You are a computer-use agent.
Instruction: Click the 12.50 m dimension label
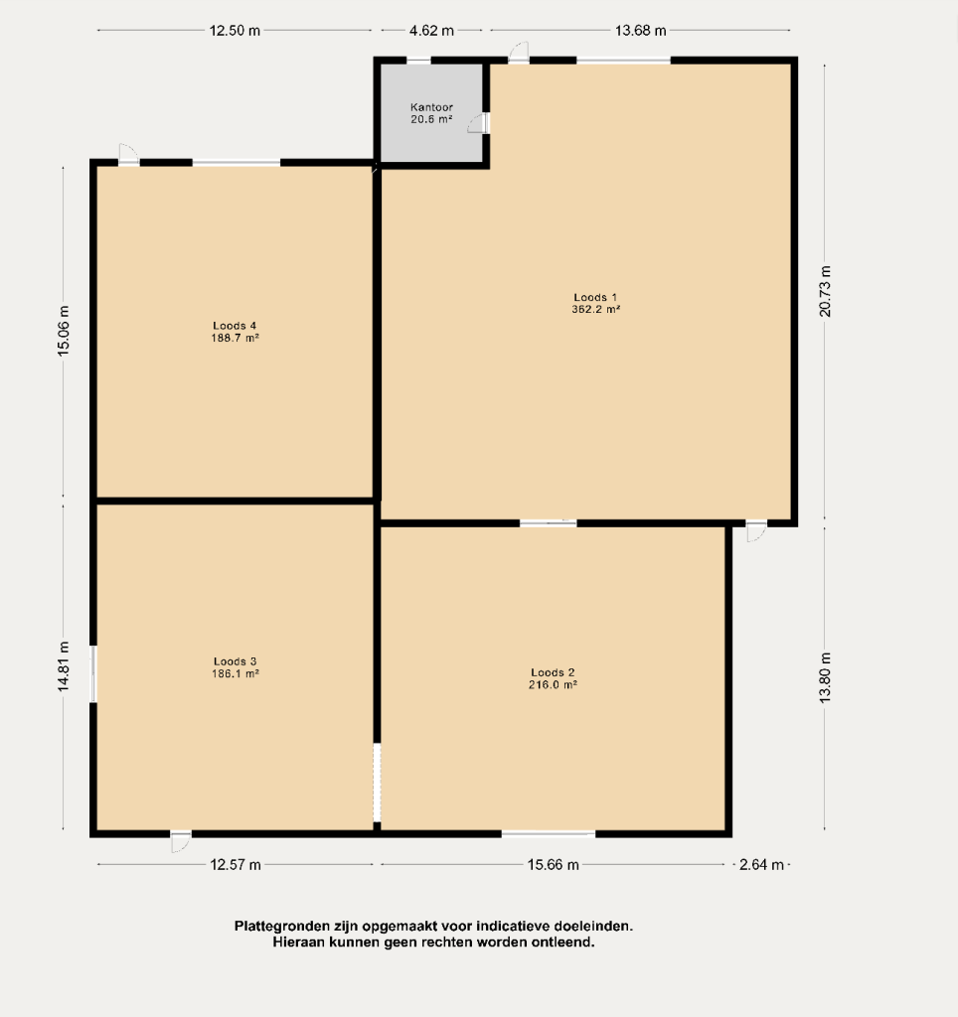tap(235, 31)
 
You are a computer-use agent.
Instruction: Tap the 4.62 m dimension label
tap(431, 31)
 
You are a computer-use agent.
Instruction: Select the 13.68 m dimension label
tap(641, 31)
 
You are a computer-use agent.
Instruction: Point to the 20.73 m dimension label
tap(825, 291)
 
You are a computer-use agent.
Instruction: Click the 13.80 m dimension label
tap(825, 677)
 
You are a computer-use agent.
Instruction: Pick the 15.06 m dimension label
tap(63, 331)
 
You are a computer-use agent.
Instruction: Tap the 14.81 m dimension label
tap(63, 666)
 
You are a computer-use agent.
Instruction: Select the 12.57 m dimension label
tap(236, 865)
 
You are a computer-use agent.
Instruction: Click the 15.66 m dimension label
tap(553, 865)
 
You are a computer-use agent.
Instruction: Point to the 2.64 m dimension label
tap(761, 865)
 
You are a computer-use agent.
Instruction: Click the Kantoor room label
tap(431, 107)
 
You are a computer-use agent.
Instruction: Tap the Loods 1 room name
tap(595, 298)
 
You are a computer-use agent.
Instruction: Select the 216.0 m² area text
tap(553, 685)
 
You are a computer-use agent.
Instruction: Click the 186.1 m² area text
tap(235, 674)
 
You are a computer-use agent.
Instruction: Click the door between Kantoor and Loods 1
tap(480, 123)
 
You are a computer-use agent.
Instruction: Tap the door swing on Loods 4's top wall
tap(128, 155)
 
